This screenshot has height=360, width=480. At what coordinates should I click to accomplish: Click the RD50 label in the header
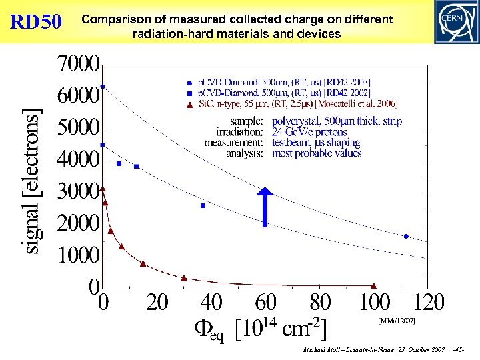pyautogui.click(x=36, y=22)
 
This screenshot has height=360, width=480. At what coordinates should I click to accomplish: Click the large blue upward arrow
pyautogui.click(x=265, y=207)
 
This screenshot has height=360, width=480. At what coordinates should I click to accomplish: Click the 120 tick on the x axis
pyautogui.click(x=429, y=303)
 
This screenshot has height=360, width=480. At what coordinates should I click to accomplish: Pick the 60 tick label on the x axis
pyautogui.click(x=265, y=303)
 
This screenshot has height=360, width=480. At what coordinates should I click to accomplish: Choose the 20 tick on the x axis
pyautogui.click(x=157, y=303)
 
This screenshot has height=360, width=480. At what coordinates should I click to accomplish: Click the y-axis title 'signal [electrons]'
pyautogui.click(x=32, y=180)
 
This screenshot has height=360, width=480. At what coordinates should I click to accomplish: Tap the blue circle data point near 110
pyautogui.click(x=406, y=236)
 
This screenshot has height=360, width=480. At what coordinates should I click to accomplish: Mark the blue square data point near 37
pyautogui.click(x=203, y=206)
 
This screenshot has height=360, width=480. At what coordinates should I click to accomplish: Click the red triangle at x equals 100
pyautogui.click(x=374, y=286)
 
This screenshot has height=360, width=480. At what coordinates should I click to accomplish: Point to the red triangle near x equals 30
pyautogui.click(x=184, y=278)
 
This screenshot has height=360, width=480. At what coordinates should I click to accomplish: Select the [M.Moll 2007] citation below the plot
pyautogui.click(x=397, y=321)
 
